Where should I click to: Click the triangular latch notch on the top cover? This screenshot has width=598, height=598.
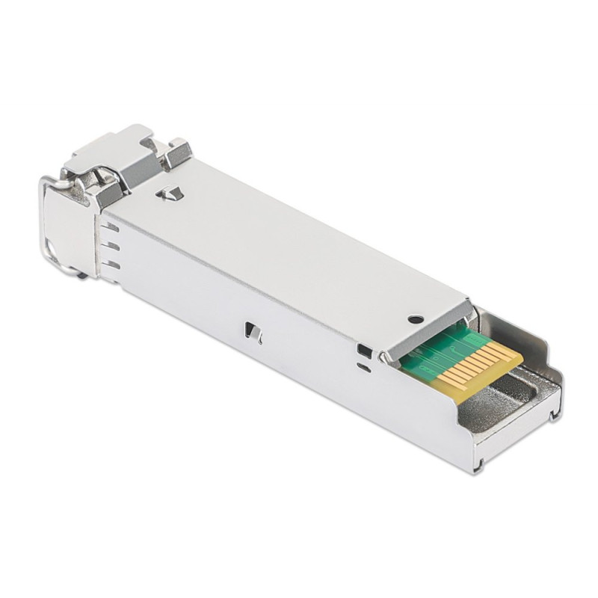click(x=171, y=194)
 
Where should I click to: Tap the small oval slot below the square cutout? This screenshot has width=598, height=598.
click(x=363, y=367)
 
